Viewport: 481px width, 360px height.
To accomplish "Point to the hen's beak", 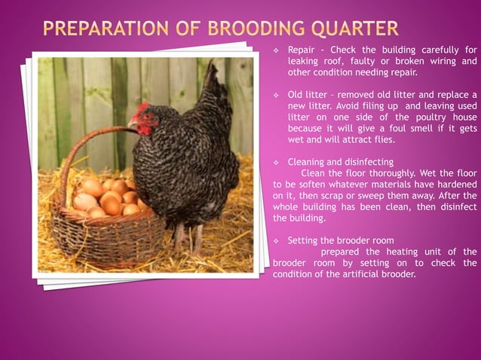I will [132, 124].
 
